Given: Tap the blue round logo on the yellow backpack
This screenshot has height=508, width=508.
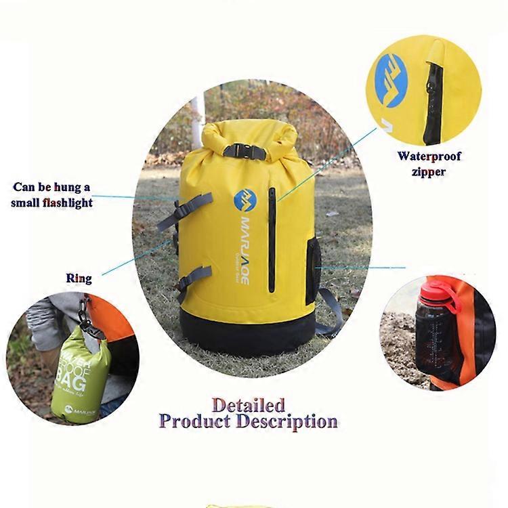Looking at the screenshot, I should tap(244, 200).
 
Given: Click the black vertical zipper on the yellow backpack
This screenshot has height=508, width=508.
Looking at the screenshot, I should tap(272, 240).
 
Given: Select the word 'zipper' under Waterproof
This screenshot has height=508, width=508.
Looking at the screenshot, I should tap(429, 172).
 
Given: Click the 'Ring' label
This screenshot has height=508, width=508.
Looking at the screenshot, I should tap(79, 278).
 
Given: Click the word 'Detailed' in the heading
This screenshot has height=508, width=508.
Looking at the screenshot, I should tap(248, 405).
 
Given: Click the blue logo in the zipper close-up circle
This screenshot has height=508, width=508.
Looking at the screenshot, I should tap(391, 80).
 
